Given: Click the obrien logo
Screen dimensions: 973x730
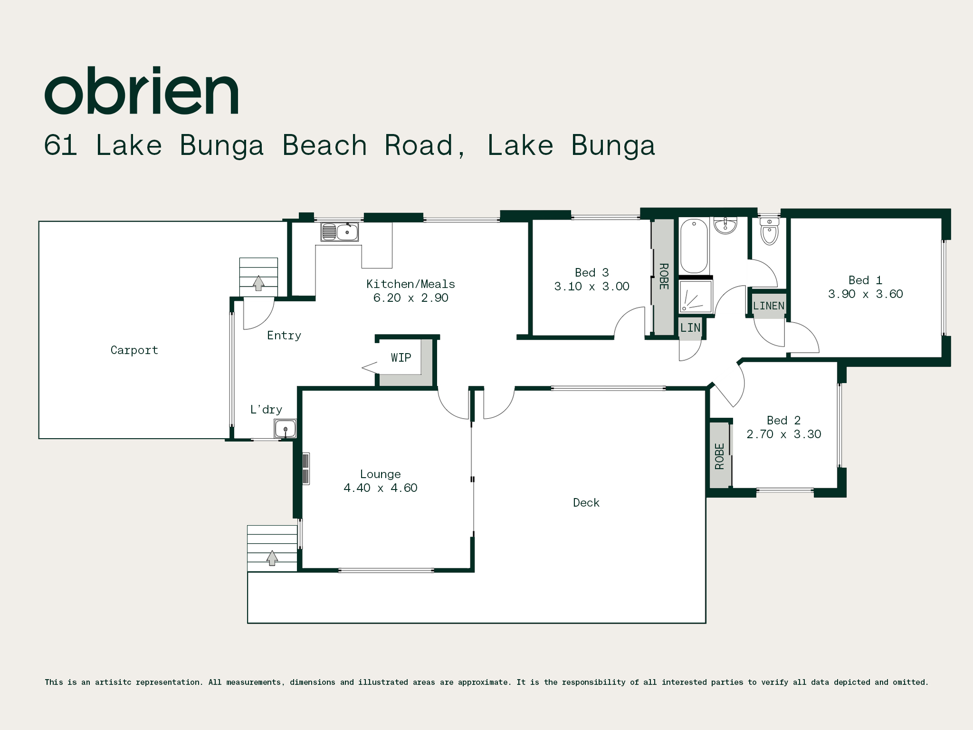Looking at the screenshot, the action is pyautogui.click(x=142, y=91).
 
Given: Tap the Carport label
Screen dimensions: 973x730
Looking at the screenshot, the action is pyautogui.click(x=134, y=350).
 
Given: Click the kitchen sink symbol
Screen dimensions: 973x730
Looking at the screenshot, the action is pyautogui.click(x=339, y=232).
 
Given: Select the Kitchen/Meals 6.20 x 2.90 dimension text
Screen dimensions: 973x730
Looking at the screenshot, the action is pyautogui.click(x=411, y=298).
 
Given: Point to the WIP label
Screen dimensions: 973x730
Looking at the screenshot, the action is pyautogui.click(x=401, y=357).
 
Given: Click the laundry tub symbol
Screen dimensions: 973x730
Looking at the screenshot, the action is pyautogui.click(x=285, y=429).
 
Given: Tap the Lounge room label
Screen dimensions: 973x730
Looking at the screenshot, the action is pyautogui.click(x=381, y=474).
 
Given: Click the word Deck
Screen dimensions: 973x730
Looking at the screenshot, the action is pyautogui.click(x=586, y=503).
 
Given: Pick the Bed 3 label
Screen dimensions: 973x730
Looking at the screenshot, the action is pyautogui.click(x=592, y=273).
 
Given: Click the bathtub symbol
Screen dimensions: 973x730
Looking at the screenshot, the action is pyautogui.click(x=694, y=246).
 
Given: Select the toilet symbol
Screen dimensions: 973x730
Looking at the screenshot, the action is pyautogui.click(x=769, y=231).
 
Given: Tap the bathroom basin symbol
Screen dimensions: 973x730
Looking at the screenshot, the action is pyautogui.click(x=725, y=226).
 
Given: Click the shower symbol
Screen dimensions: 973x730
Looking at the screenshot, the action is pyautogui.click(x=696, y=297).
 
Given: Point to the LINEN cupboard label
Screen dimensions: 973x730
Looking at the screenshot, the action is pyautogui.click(x=769, y=306).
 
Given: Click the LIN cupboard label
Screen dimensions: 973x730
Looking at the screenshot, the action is pyautogui.click(x=690, y=328).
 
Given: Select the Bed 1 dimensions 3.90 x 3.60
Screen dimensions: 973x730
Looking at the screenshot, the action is pyautogui.click(x=866, y=294).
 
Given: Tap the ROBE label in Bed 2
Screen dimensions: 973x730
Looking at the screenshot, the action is pyautogui.click(x=720, y=456).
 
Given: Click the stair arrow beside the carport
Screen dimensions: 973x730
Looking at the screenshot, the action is pyautogui.click(x=258, y=283).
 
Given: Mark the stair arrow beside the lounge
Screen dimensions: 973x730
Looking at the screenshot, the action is pyautogui.click(x=272, y=558).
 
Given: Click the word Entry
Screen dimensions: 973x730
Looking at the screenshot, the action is pyautogui.click(x=284, y=336).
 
